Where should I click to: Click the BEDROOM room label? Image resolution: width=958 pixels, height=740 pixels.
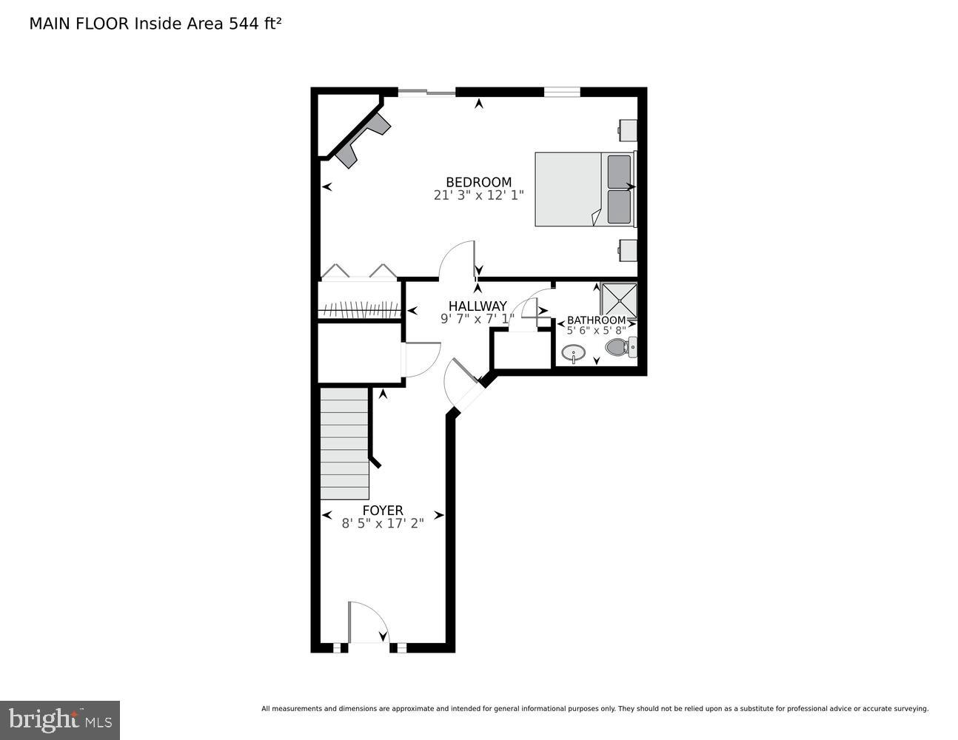[x=478, y=182]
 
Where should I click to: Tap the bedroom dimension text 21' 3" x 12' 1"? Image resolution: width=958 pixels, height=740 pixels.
[x=478, y=195]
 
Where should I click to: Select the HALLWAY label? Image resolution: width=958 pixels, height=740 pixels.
[x=478, y=306]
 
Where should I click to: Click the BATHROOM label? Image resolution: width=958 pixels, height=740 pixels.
[x=596, y=320]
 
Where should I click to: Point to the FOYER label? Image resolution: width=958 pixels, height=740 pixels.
[x=383, y=511]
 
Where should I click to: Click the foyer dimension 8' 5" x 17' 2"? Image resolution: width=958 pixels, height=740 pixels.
[x=383, y=523]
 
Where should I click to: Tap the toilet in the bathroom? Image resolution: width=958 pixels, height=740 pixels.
[x=619, y=346]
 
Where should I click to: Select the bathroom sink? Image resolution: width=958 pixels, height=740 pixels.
[x=573, y=353]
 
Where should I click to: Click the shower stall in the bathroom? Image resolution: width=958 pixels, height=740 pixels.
[x=618, y=300]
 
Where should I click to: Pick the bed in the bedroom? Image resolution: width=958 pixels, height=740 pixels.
[x=583, y=189]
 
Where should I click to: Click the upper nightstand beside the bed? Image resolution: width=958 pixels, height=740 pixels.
[x=627, y=130]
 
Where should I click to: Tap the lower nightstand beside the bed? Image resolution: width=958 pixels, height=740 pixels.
[x=627, y=250]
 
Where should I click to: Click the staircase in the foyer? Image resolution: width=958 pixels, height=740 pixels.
[x=344, y=444]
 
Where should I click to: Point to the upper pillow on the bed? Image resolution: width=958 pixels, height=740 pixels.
[x=619, y=172]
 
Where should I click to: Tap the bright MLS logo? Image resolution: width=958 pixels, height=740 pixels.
[x=60, y=719]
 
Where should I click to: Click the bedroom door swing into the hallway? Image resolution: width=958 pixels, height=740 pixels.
[x=458, y=260]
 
